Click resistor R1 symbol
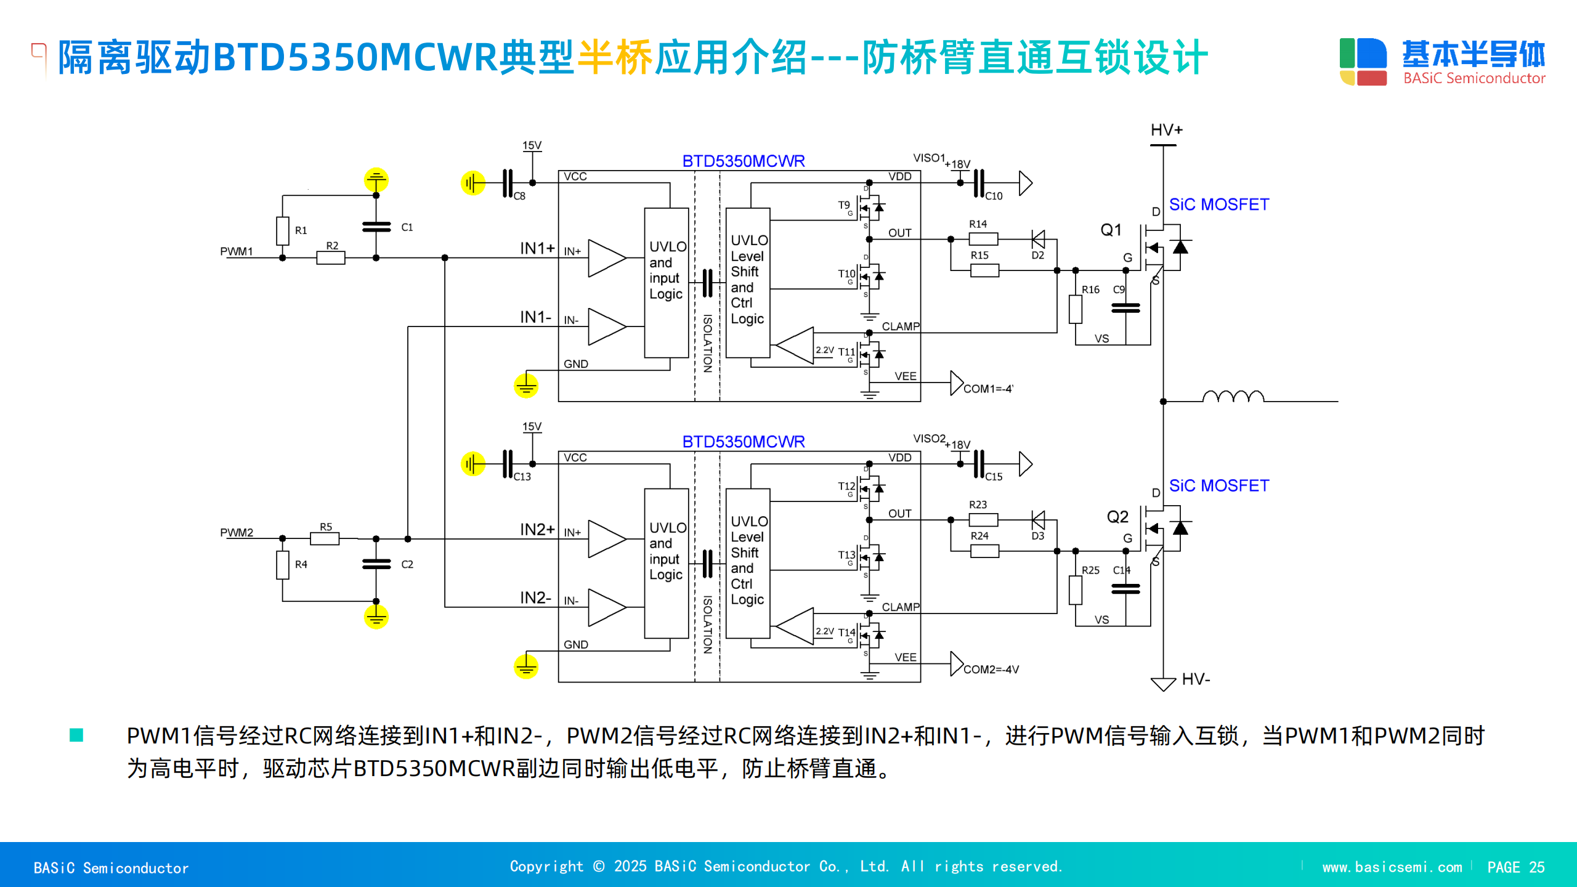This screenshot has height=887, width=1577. click(x=283, y=231)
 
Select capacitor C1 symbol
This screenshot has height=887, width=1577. click(x=376, y=227)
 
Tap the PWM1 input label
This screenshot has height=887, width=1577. click(x=237, y=251)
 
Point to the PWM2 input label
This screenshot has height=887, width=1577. click(x=237, y=532)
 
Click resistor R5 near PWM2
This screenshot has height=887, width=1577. click(x=325, y=539)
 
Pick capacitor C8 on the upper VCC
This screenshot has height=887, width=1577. click(x=508, y=183)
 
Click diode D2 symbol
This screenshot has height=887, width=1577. click(x=1038, y=239)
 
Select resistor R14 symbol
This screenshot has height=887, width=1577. click(x=983, y=239)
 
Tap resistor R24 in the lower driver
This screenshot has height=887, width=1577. click(x=984, y=551)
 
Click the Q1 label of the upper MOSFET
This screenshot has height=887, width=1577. click(x=1111, y=230)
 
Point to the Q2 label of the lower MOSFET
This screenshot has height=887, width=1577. click(x=1117, y=516)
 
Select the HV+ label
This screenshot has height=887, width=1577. click(x=1167, y=130)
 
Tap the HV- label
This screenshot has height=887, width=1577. click(x=1196, y=679)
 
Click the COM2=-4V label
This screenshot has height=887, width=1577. click(x=991, y=669)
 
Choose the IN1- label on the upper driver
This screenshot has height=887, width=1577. click(x=535, y=317)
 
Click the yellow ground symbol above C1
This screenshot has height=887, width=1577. click(x=376, y=180)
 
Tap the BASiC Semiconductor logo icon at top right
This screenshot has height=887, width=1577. click(x=1363, y=62)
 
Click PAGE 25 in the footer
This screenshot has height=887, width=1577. click(x=1515, y=867)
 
